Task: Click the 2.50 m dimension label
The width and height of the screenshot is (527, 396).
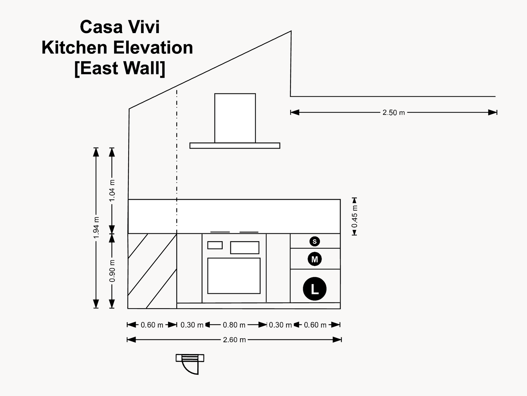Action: click(x=393, y=113)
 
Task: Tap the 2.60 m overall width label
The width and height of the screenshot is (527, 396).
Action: click(x=234, y=340)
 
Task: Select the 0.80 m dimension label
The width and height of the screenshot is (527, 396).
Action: click(x=234, y=325)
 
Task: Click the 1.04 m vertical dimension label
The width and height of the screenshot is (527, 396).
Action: click(x=112, y=191)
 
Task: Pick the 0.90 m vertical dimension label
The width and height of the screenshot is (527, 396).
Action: click(x=112, y=271)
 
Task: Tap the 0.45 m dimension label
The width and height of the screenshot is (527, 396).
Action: click(x=354, y=217)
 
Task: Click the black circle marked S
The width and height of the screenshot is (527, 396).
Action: click(x=315, y=241)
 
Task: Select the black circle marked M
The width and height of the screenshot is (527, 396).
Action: click(x=315, y=259)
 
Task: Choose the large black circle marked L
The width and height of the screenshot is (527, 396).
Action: click(x=315, y=289)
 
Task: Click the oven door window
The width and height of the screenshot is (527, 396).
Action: click(x=234, y=276)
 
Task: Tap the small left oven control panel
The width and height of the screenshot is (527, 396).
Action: click(x=215, y=245)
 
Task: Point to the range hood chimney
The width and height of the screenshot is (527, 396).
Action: click(x=235, y=118)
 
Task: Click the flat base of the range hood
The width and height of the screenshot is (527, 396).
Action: click(x=235, y=146)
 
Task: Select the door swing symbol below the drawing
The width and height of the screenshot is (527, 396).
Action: click(x=190, y=364)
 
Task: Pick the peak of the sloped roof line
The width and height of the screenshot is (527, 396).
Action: click(x=291, y=31)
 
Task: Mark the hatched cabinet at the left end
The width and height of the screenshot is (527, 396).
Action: click(x=152, y=271)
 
